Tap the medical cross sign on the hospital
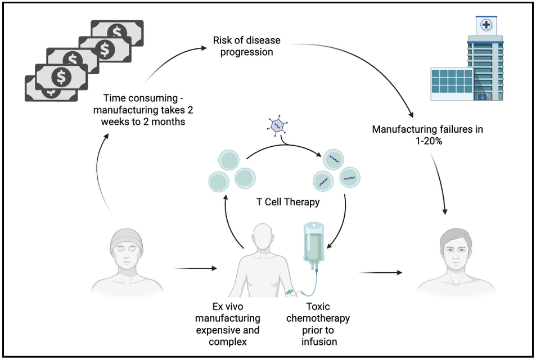point(485,25)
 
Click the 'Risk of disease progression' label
point(246,46)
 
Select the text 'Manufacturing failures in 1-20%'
point(427,135)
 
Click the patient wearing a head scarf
point(127,262)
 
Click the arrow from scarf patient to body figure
point(195,268)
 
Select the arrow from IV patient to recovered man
point(381,273)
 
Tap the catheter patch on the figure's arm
point(290,292)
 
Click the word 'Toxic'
point(318,306)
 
